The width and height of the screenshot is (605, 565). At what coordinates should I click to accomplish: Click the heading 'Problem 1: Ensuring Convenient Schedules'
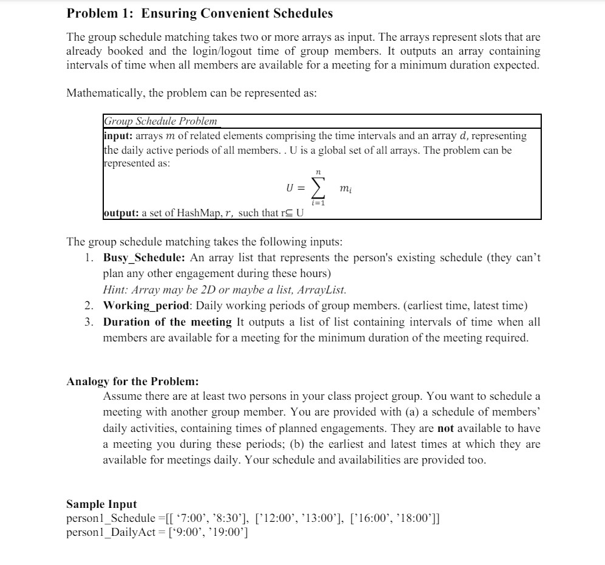(x=199, y=13)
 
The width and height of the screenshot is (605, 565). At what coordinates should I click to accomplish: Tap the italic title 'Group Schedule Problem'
(x=160, y=121)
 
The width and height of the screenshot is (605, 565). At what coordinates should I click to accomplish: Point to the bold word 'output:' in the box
(x=121, y=213)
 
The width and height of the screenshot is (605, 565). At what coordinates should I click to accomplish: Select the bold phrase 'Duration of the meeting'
(x=167, y=322)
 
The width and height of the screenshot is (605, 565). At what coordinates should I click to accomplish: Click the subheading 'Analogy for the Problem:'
(x=132, y=382)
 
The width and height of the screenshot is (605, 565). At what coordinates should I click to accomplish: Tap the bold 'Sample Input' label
(x=101, y=504)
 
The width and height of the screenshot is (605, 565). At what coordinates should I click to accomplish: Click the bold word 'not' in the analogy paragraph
(x=446, y=428)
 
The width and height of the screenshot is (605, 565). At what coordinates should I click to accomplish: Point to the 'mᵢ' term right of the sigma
(x=346, y=190)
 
